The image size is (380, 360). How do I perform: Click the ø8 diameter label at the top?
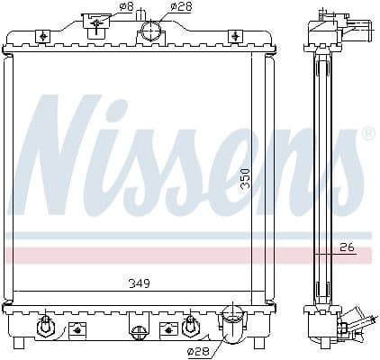click(127, 8)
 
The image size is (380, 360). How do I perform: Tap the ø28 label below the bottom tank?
click(198, 349)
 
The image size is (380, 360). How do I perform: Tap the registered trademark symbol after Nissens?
click(368, 133)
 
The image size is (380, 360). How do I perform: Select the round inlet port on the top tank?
click(150, 33)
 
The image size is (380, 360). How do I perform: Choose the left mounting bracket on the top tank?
click(41, 35)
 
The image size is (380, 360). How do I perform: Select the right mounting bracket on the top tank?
click(236, 35)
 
